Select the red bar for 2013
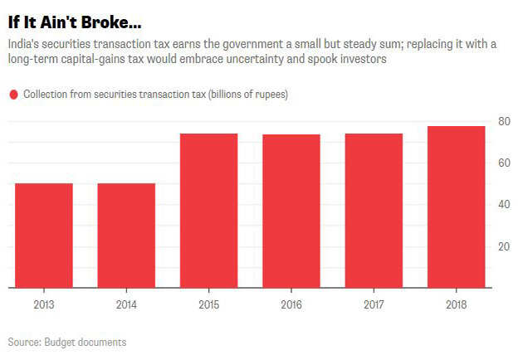[x=44, y=236]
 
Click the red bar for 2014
[x=126, y=236]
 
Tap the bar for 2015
[x=209, y=211]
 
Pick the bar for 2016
[x=291, y=212]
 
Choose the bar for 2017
[x=374, y=211]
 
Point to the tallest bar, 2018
[x=457, y=207]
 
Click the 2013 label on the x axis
[x=44, y=304]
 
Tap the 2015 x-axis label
[x=209, y=304]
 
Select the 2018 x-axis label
[x=457, y=304]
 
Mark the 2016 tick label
[x=291, y=304]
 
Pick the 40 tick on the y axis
[x=503, y=204]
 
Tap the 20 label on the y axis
[x=503, y=246]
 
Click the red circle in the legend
[x=13, y=95]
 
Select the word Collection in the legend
[x=46, y=95]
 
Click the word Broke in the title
[x=103, y=17]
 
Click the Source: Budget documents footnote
[x=67, y=342]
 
